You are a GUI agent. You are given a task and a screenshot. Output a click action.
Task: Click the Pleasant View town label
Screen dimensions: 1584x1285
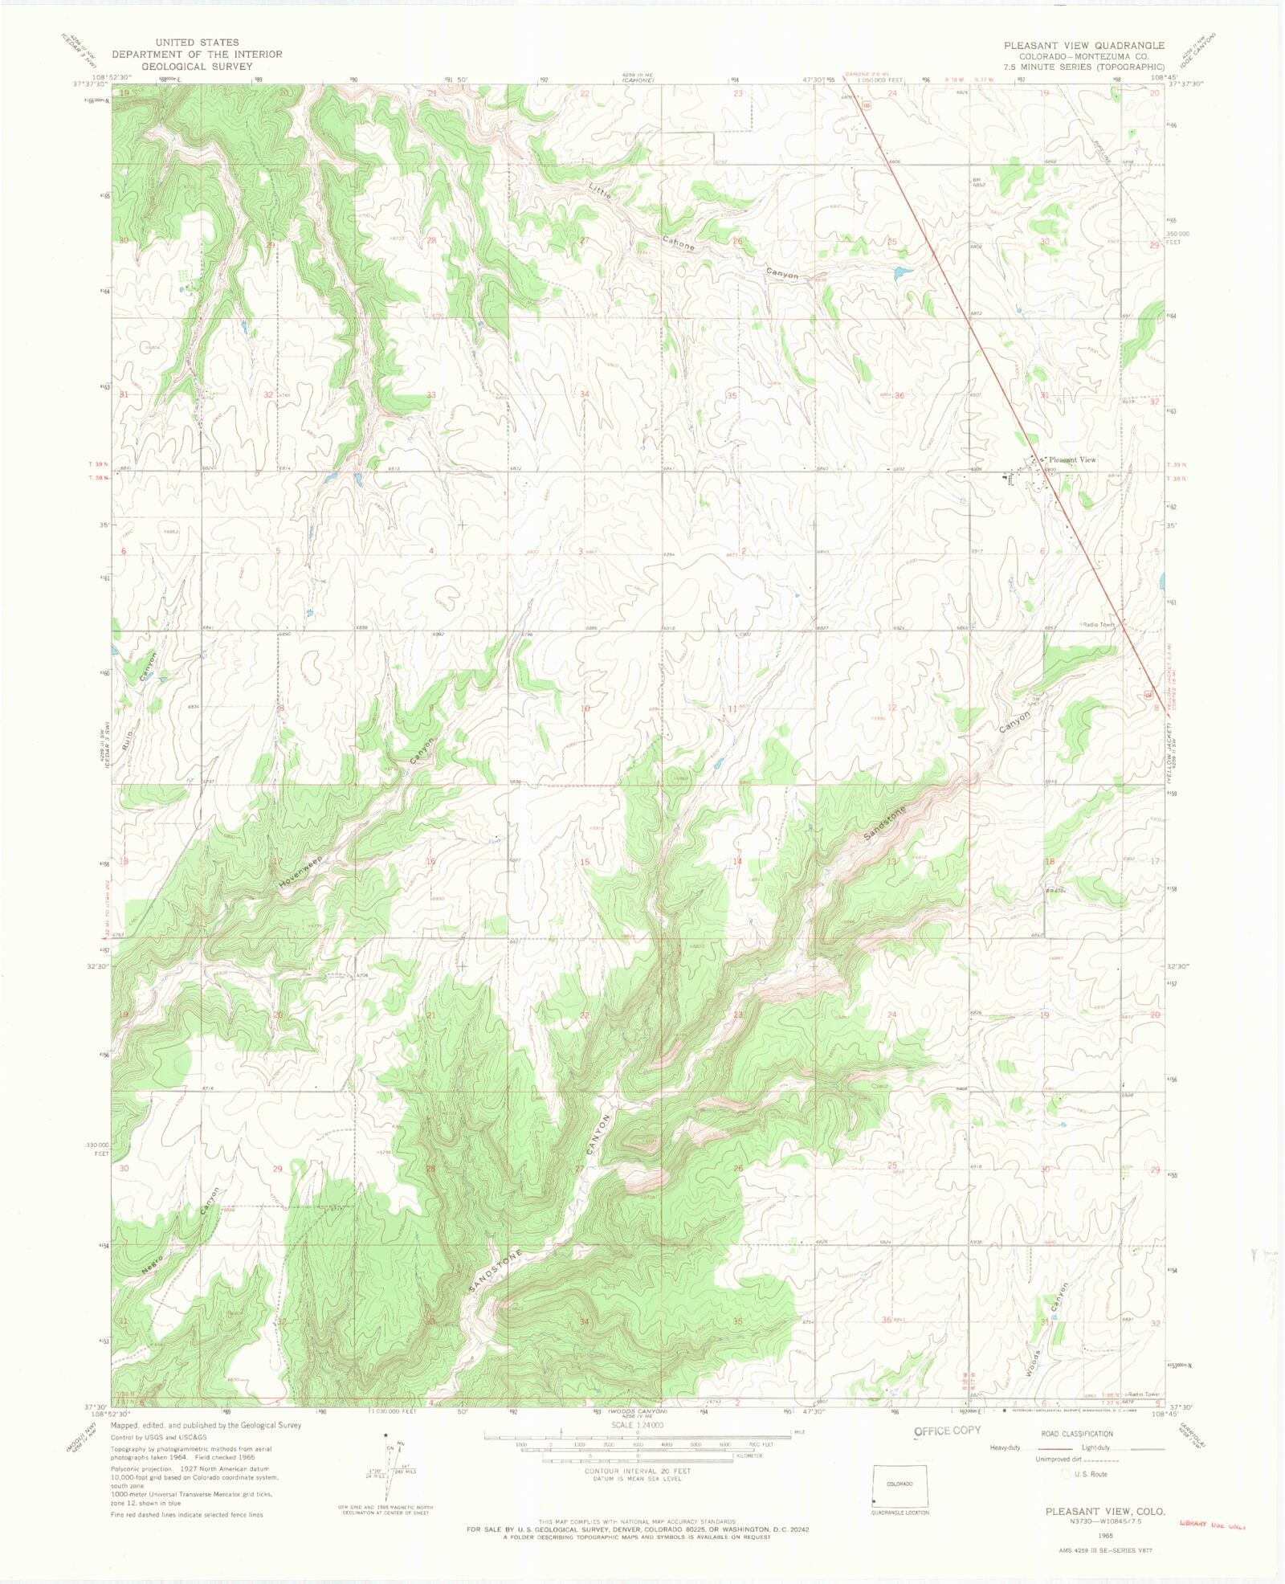pyautogui.click(x=1072, y=459)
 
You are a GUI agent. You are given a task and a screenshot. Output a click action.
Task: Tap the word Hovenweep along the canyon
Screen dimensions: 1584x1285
pyautogui.click(x=300, y=872)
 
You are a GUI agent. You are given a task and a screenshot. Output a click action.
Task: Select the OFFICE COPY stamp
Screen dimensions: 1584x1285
pyautogui.click(x=948, y=1431)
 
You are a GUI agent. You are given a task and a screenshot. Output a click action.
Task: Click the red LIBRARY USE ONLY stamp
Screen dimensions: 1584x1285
pyautogui.click(x=1212, y=1523)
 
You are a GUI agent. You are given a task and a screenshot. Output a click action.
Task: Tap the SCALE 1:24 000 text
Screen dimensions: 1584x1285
pyautogui.click(x=637, y=1425)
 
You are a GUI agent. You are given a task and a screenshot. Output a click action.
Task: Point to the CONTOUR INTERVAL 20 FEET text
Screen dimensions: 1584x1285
pyautogui.click(x=637, y=1471)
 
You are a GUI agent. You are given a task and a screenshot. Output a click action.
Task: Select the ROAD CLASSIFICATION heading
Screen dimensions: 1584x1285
pyautogui.click(x=1077, y=1434)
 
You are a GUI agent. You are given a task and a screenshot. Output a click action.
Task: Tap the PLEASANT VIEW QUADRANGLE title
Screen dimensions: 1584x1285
pyautogui.click(x=1083, y=46)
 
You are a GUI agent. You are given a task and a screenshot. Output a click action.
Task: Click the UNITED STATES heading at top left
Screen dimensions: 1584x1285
pyautogui.click(x=197, y=43)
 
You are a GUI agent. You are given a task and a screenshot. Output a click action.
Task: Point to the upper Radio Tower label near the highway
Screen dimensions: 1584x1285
pyautogui.click(x=1098, y=624)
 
